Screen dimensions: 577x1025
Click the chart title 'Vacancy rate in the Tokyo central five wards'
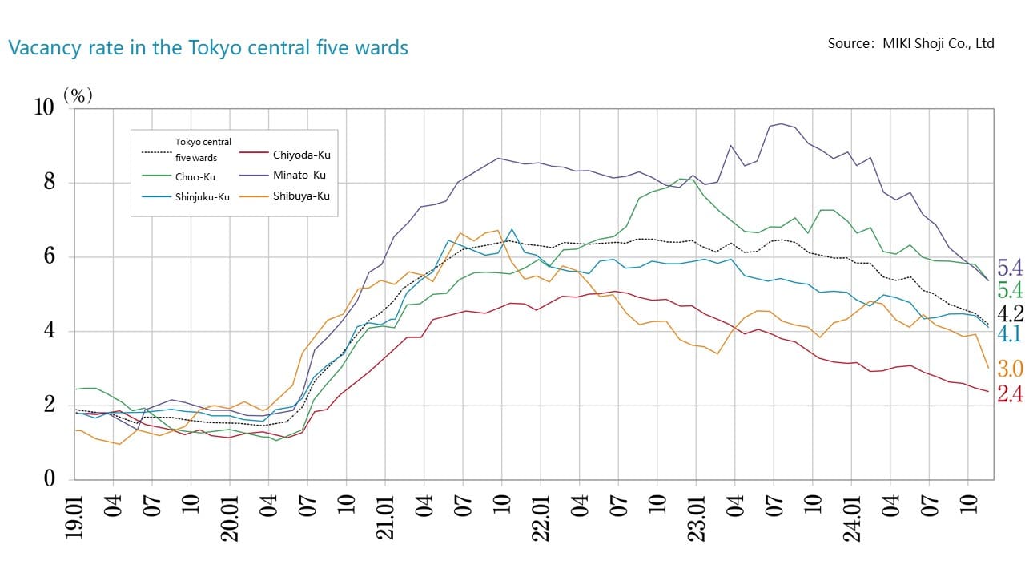tap(208, 48)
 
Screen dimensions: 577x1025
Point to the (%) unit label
tap(78, 95)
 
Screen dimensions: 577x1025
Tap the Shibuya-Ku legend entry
tap(301, 196)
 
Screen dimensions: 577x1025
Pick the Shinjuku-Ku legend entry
tap(203, 197)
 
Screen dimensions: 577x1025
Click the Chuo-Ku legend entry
tap(195, 176)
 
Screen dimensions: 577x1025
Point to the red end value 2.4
tap(1009, 394)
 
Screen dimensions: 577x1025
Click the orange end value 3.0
tap(1009, 369)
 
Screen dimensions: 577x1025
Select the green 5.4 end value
tap(1009, 290)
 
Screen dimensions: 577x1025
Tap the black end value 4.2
tap(1009, 313)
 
